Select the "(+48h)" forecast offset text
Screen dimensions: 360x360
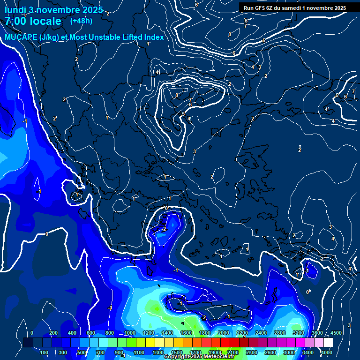coord(81,21)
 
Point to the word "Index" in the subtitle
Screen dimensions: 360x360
coord(153,37)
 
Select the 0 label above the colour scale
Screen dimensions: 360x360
coord(32,333)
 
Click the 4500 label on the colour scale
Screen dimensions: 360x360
coord(336,333)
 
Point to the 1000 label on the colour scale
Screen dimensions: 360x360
coord(130,333)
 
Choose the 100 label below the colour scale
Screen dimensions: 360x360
coord(44,352)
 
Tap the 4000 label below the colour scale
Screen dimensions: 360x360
coord(327,352)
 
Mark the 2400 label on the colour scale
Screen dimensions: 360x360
coord(261,333)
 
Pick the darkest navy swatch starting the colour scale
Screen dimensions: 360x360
coord(28,343)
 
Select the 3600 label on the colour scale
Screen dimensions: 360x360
coord(317,333)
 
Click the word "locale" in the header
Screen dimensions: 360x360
coord(44,21)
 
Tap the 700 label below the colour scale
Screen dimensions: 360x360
coord(100,352)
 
